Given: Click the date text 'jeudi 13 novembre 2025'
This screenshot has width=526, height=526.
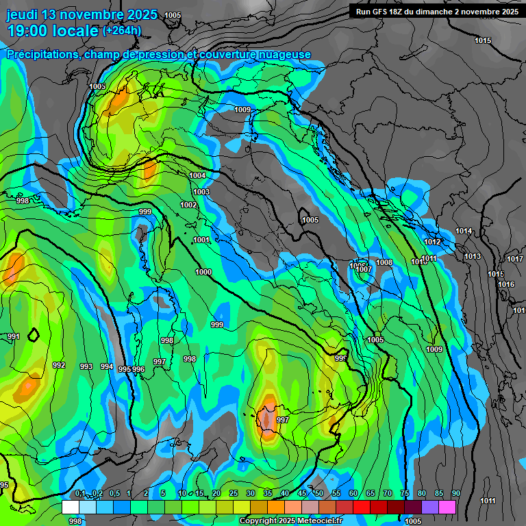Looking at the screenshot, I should (82, 14).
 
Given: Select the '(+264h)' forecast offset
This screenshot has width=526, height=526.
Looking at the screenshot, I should (122, 30).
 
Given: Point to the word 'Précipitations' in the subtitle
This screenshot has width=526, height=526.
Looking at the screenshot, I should (42, 54).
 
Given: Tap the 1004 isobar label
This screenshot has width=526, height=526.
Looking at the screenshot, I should (197, 176).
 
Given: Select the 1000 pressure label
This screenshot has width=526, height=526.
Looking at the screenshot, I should (203, 272).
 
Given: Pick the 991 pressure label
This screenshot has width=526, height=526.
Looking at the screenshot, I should (14, 336).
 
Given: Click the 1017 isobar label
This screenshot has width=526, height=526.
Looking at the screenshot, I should (514, 259).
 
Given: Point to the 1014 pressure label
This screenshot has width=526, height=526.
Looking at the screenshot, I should (464, 231).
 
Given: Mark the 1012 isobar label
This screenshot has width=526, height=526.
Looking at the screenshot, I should (432, 242).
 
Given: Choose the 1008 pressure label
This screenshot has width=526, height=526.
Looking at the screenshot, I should (384, 262).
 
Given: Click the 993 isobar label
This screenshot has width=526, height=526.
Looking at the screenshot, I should (86, 366).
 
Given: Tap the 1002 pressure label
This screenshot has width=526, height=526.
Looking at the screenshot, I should (189, 205).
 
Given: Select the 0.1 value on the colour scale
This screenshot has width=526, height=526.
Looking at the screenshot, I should (80, 494).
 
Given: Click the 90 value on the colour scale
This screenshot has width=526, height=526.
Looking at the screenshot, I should (455, 494).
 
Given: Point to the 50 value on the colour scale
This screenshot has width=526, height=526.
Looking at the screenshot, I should (319, 494).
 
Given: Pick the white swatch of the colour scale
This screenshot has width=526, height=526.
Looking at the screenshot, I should (70, 507).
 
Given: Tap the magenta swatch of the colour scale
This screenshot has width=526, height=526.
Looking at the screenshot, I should (447, 507).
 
